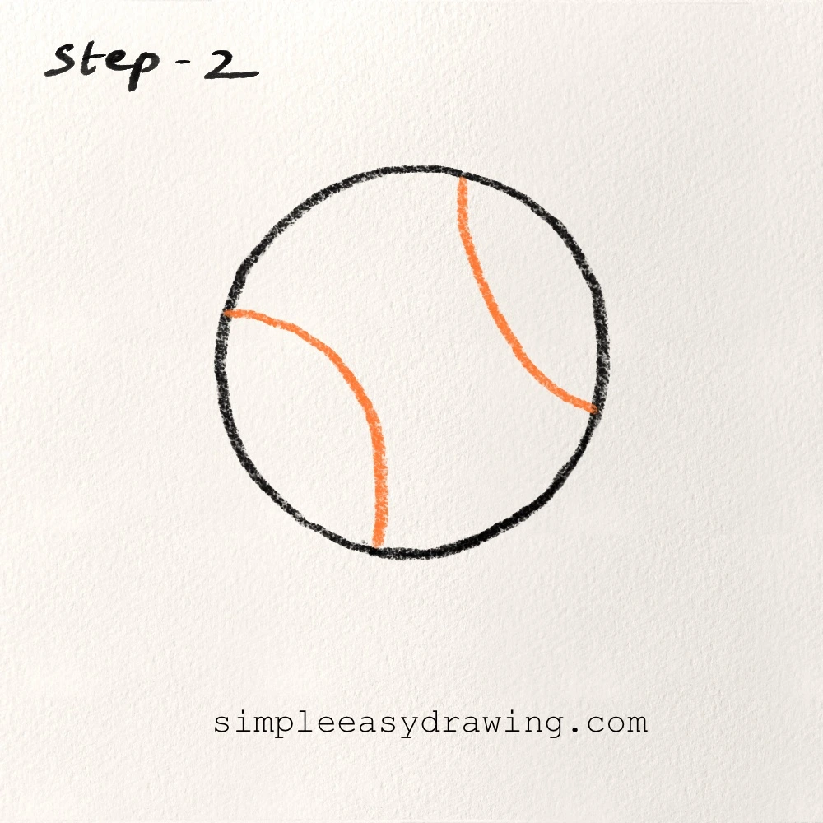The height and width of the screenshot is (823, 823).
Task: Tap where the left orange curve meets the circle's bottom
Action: click(377, 546)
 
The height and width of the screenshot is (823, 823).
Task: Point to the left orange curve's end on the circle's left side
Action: click(226, 314)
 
